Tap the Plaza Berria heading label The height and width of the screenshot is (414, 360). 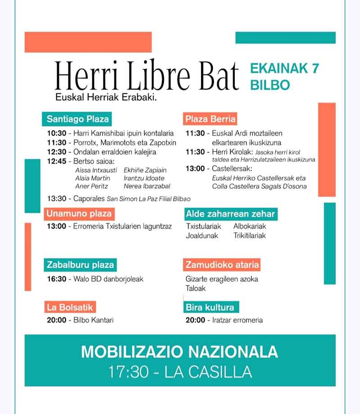210,119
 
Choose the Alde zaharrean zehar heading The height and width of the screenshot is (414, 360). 230,214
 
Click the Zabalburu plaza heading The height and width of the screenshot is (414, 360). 80,265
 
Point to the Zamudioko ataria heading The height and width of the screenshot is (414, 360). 222,265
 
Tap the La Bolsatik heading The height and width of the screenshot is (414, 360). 70,308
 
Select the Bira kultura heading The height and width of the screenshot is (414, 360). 210,308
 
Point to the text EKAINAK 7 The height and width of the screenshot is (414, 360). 284,69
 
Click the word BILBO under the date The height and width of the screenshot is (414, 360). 270,85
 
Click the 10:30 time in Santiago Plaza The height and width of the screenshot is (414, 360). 57,134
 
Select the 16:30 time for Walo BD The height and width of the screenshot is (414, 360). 57,279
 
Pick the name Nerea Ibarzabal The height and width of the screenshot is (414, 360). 147,186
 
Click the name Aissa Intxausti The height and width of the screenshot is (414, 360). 96,170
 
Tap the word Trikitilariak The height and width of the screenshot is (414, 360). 250,236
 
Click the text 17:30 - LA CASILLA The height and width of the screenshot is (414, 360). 180,373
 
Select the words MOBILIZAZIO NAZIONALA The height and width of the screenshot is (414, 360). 180,351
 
